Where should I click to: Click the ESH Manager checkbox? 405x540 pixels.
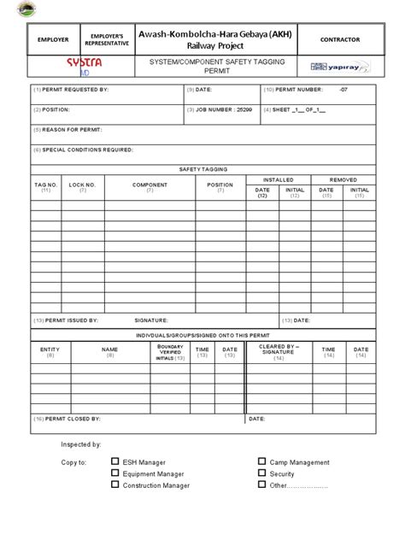114,462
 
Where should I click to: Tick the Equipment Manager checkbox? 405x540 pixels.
114,473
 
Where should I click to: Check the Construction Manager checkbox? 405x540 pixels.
114,485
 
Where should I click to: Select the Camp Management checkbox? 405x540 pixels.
261,462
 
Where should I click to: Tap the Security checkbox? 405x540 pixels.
261,473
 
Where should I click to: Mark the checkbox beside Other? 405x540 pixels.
261,485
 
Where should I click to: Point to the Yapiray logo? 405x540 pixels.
339,67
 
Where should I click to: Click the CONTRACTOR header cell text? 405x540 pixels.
339,40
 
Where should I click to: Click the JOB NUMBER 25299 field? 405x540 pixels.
220,109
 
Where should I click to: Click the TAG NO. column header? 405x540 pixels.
46,185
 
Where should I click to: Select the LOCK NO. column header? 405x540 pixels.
83,185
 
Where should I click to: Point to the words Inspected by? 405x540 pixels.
80,444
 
